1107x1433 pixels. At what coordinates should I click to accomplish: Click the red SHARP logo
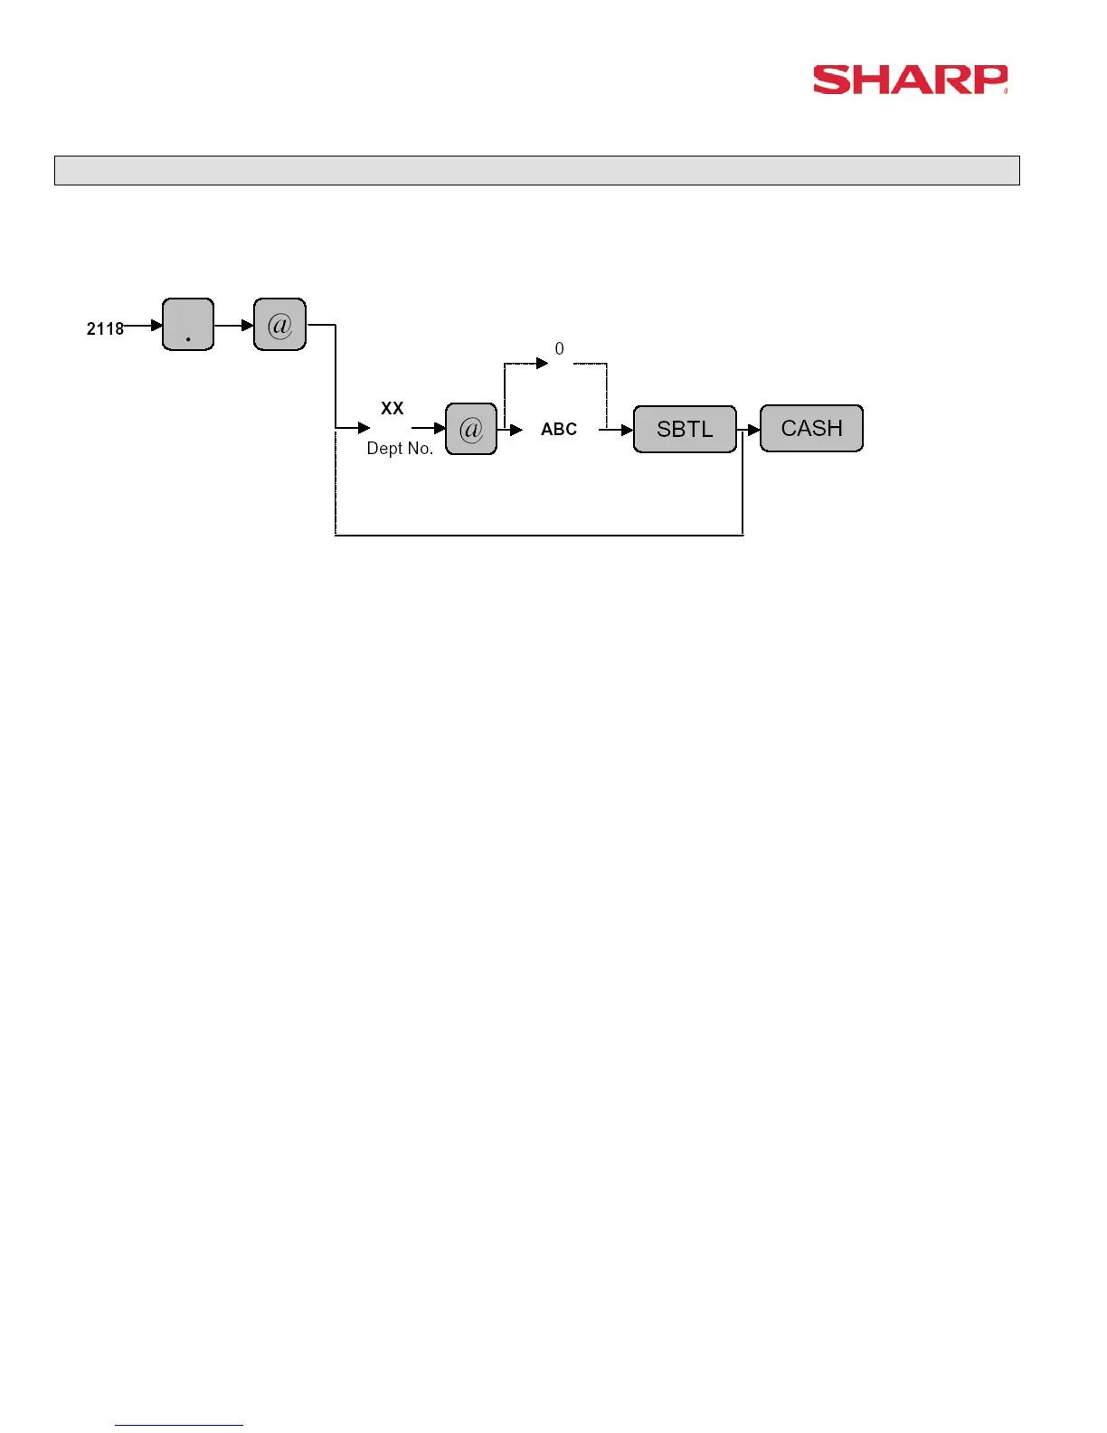pyautogui.click(x=909, y=80)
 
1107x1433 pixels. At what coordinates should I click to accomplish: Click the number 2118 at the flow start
pyautogui.click(x=105, y=328)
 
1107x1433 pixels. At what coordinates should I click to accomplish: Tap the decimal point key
pyautogui.click(x=188, y=324)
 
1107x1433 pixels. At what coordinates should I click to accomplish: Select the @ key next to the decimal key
pyautogui.click(x=279, y=324)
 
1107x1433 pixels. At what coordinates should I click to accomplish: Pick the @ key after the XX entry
pyautogui.click(x=471, y=429)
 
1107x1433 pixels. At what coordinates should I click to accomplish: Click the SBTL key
pyautogui.click(x=685, y=429)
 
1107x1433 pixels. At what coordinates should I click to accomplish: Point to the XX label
pyautogui.click(x=392, y=408)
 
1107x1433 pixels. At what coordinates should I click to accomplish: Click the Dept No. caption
pyautogui.click(x=400, y=448)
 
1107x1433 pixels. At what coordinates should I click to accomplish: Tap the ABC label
pyautogui.click(x=559, y=429)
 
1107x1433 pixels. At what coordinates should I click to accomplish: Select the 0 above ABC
pyautogui.click(x=559, y=348)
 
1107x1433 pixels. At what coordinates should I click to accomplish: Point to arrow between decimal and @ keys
pyautogui.click(x=234, y=325)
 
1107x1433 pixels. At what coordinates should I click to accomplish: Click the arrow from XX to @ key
pyautogui.click(x=429, y=428)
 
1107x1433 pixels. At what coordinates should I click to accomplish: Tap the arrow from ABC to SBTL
pyautogui.click(x=616, y=430)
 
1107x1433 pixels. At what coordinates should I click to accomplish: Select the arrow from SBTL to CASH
pyautogui.click(x=750, y=430)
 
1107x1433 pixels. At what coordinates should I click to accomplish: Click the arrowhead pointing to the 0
pyautogui.click(x=542, y=363)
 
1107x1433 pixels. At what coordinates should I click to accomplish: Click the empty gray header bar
pyautogui.click(x=536, y=170)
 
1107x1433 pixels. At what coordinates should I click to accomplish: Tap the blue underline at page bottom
pyautogui.click(x=179, y=1425)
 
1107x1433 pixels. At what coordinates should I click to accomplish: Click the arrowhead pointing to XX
pyautogui.click(x=364, y=427)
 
